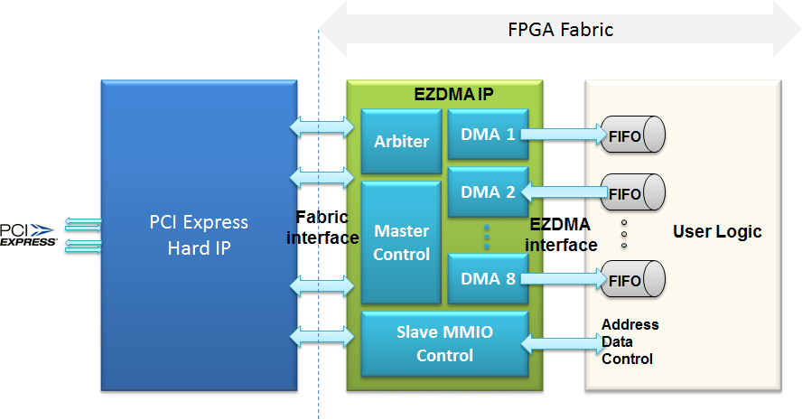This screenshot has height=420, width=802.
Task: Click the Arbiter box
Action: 401,141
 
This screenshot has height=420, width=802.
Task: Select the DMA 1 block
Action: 488,135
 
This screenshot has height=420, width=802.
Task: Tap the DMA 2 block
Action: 488,191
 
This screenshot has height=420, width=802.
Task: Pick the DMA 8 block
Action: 488,278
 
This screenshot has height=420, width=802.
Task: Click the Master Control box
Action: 401,242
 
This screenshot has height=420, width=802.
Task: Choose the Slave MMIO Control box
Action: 444,343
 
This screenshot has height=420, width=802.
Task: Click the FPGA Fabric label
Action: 560,30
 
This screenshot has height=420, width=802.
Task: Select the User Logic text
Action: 717,231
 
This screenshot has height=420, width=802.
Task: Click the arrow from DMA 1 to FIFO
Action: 564,135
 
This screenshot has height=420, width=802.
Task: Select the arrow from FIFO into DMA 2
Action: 564,191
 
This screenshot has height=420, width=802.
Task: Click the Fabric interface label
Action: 322,227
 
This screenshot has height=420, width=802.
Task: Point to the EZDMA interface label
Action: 561,234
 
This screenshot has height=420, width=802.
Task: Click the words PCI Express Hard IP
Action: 199,234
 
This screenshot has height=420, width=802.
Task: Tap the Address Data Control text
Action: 629,341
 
